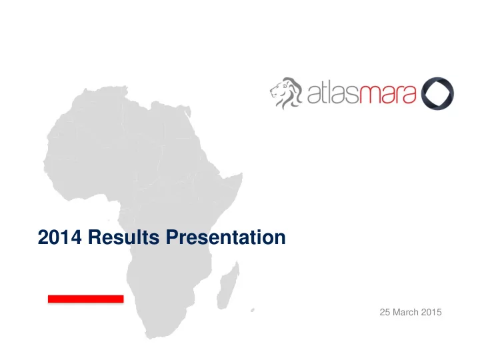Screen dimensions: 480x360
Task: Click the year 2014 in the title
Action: click(x=60, y=237)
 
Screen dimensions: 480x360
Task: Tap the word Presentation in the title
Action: click(x=225, y=237)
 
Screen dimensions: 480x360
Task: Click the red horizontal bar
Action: click(x=86, y=299)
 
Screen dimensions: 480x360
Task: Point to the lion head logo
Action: click(x=286, y=93)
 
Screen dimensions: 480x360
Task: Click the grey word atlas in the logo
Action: click(x=332, y=93)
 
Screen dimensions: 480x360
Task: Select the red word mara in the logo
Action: click(x=387, y=95)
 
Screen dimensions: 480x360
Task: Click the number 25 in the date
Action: click(x=385, y=312)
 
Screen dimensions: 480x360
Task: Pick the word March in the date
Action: click(x=405, y=312)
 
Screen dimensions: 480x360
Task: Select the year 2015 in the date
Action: click(x=431, y=312)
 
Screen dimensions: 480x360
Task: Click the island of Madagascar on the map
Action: click(x=228, y=286)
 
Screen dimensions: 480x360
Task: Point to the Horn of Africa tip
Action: click(x=242, y=174)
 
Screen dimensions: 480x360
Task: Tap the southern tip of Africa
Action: click(x=151, y=337)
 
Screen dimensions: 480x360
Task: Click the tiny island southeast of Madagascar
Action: click(x=253, y=310)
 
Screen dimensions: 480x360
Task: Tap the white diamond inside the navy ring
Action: click(x=437, y=93)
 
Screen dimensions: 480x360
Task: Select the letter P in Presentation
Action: click(x=173, y=237)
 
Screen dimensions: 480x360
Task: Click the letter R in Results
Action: click(x=95, y=237)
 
